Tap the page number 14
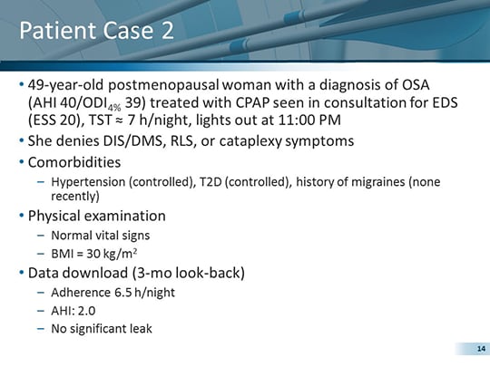[469, 349]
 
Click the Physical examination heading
[96, 217]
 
